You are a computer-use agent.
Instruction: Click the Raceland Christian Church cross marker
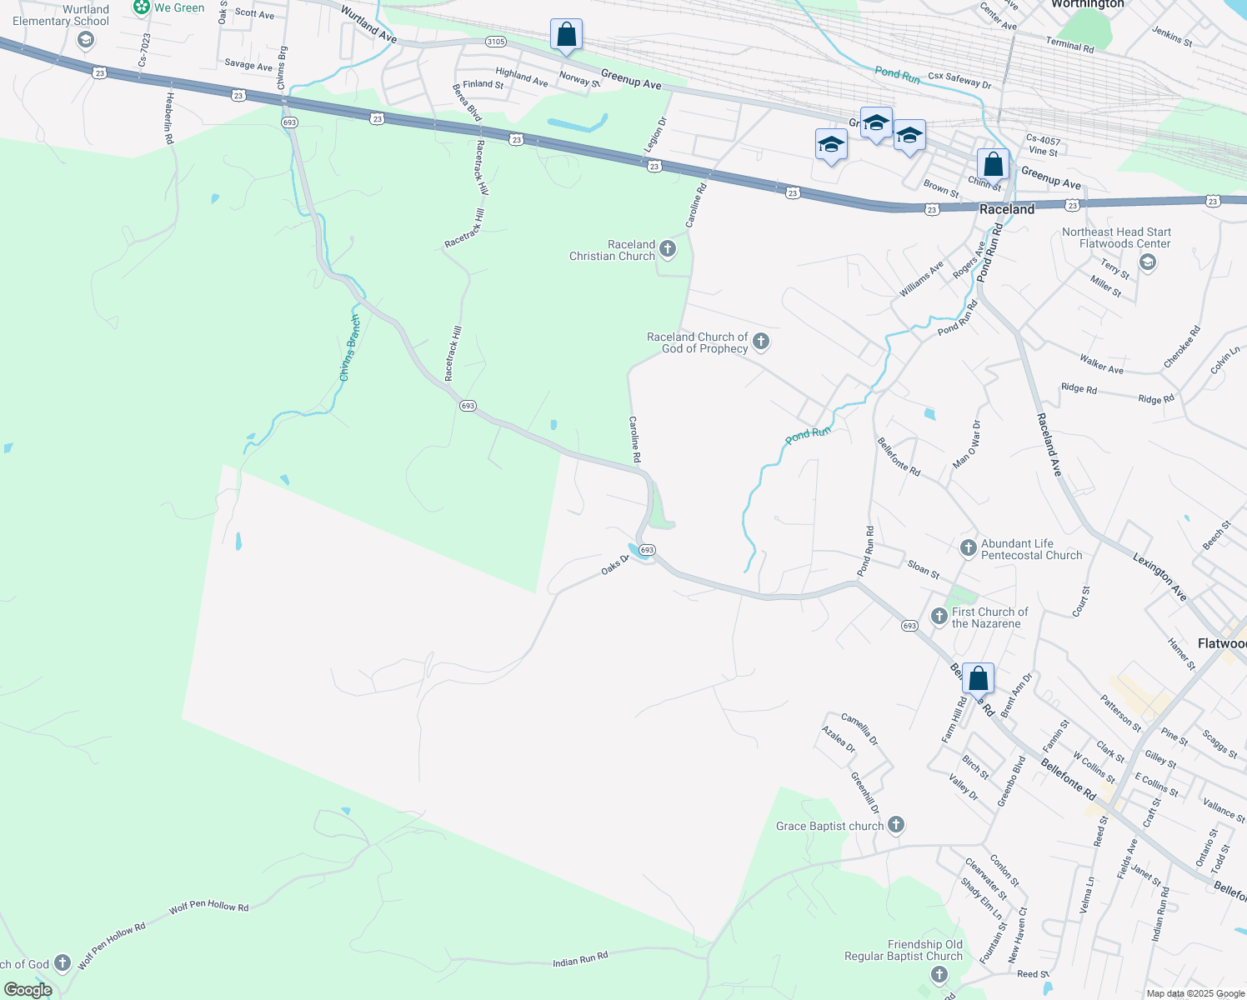click(668, 248)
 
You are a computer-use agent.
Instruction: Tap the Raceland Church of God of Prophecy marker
click(760, 341)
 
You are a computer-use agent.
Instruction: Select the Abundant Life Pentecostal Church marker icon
click(968, 547)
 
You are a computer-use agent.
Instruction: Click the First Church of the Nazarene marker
click(939, 616)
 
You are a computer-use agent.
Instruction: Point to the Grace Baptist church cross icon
click(896, 825)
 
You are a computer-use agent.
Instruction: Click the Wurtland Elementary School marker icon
click(85, 41)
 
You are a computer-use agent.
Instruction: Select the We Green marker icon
click(142, 7)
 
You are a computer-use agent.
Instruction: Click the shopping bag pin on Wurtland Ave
click(566, 36)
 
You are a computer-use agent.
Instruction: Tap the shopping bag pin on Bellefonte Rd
click(979, 679)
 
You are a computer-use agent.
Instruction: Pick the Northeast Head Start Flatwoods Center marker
click(1147, 263)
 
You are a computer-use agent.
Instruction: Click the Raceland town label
click(1007, 209)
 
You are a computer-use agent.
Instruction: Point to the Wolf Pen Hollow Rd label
click(208, 907)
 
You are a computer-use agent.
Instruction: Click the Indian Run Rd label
click(580, 960)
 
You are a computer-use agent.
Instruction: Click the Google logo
click(28, 989)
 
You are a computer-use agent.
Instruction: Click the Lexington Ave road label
click(1159, 575)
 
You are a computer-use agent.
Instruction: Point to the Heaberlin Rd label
click(169, 118)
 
